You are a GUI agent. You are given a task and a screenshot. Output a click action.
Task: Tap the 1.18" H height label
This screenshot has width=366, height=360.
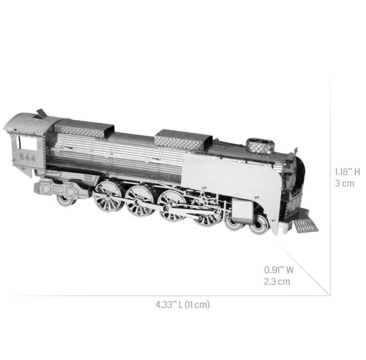click(347, 172)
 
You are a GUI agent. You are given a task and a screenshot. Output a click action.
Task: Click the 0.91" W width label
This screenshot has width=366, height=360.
click(279, 270)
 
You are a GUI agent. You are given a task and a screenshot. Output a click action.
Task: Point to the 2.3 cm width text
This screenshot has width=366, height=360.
click(277, 282)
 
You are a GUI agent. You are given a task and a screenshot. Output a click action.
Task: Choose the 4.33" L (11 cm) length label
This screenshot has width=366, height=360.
click(182, 305)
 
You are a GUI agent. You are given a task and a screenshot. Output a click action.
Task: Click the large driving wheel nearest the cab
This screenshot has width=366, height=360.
click(108, 196)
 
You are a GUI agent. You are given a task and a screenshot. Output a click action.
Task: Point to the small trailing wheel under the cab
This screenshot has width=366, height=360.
click(66, 199)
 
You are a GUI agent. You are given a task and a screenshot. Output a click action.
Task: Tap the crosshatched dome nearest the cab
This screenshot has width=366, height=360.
click(83, 127)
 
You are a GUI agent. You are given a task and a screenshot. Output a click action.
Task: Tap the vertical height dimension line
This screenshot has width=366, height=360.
click(330, 187)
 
